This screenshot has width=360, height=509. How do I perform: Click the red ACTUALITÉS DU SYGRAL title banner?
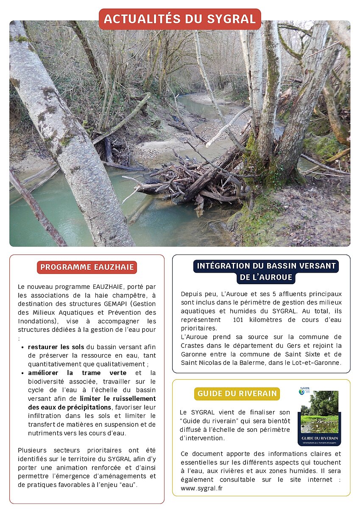[180, 19]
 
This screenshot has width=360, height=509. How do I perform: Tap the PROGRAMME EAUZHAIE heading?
[87, 267]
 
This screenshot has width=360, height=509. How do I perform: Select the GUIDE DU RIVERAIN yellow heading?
[237, 394]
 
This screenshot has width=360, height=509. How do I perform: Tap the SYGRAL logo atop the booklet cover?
[304, 390]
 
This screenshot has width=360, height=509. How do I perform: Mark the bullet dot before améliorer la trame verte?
[23, 373]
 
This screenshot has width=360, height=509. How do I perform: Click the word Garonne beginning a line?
[193, 354]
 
